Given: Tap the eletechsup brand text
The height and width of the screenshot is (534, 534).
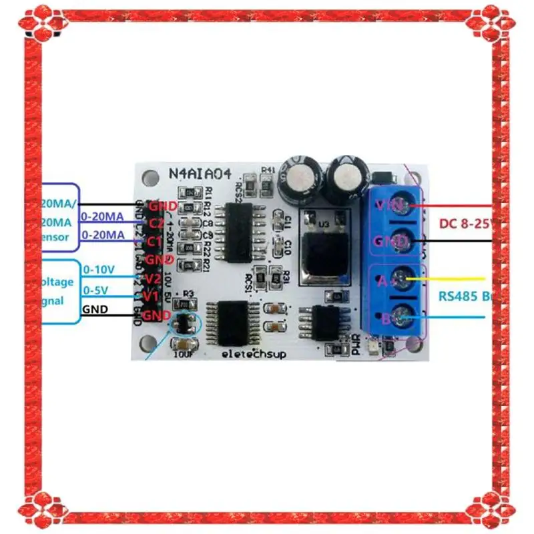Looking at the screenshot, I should coord(254,354).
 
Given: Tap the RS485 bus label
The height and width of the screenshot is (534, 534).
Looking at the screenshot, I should coord(465,295).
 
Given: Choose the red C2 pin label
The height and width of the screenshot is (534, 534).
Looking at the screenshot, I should coord(156,223).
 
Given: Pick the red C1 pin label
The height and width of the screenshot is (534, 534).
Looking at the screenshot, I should coord(156,241).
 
